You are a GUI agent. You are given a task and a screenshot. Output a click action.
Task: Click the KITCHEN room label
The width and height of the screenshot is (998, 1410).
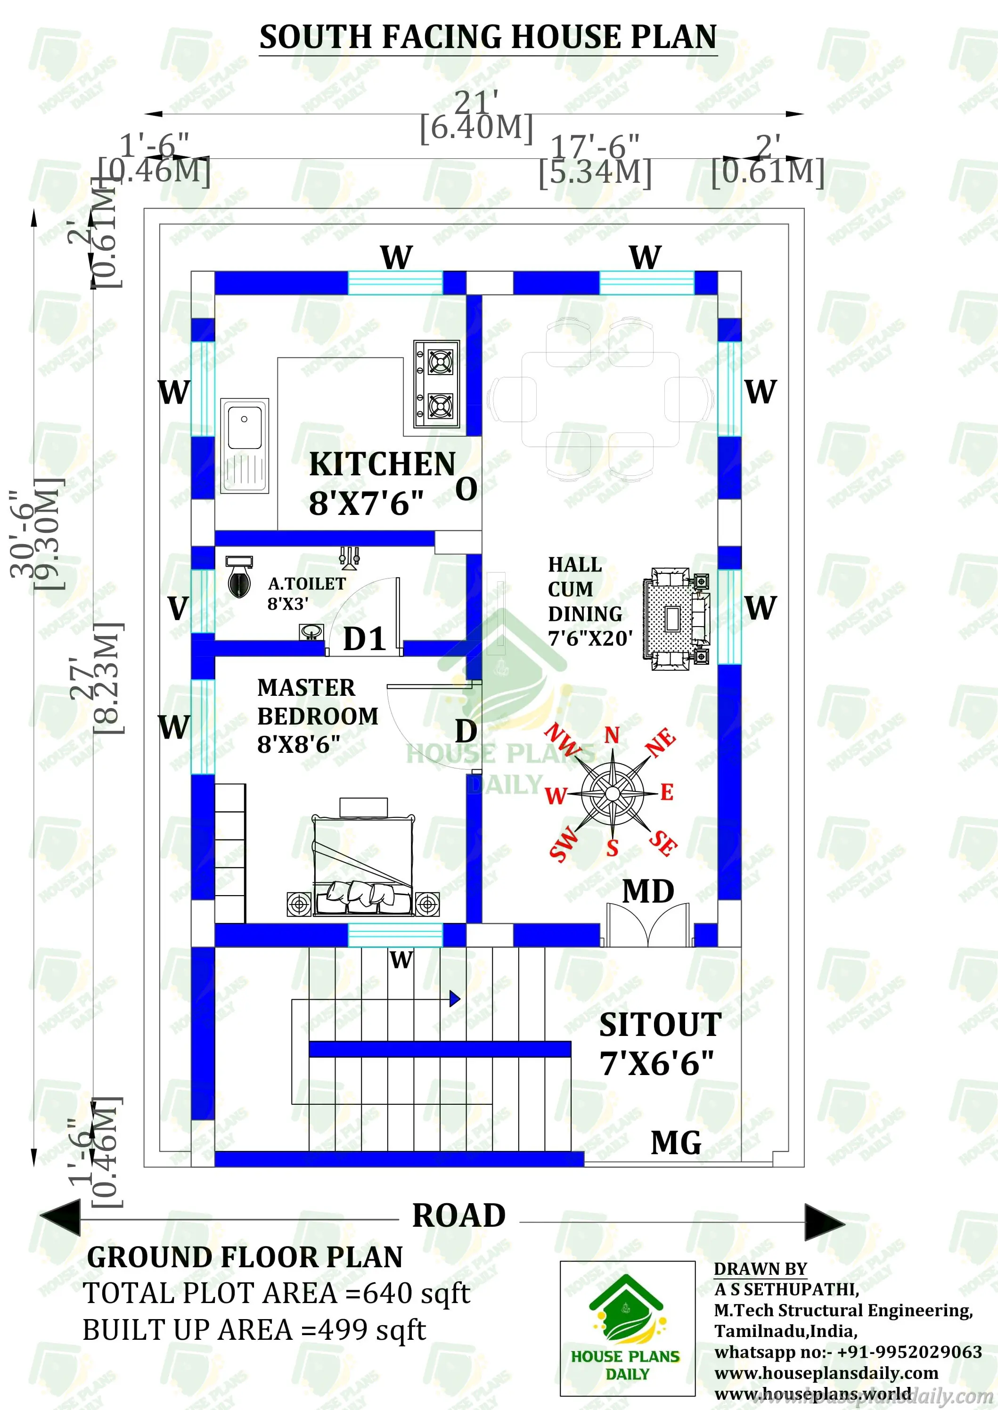point(382,465)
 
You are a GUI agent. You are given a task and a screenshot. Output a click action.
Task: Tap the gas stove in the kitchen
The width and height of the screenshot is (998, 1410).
point(436,384)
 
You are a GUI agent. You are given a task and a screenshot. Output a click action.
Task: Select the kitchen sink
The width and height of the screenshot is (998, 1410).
point(245,446)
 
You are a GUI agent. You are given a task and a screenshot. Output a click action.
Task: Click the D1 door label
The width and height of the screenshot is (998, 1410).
point(364,639)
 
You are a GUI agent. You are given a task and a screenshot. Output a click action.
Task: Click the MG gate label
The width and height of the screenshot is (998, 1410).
point(675,1143)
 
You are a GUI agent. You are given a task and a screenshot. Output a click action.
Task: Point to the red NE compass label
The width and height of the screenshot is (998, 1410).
point(661,742)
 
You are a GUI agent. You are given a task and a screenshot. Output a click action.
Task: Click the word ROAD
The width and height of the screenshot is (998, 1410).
point(458,1216)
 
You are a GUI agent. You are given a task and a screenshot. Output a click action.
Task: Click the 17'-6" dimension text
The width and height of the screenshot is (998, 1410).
point(595,147)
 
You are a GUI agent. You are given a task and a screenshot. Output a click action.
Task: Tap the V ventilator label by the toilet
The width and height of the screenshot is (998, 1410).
point(178,609)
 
